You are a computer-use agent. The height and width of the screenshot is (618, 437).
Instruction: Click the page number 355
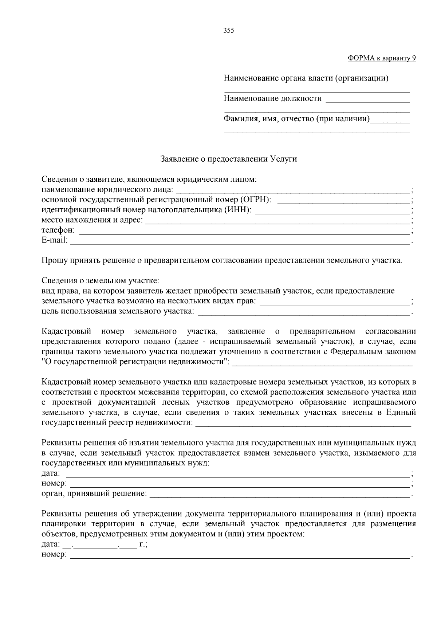pyautogui.click(x=228, y=31)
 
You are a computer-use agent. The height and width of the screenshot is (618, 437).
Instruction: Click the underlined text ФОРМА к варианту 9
pyautogui.click(x=382, y=58)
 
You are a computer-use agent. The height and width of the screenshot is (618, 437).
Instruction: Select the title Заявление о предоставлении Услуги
pyautogui.click(x=229, y=159)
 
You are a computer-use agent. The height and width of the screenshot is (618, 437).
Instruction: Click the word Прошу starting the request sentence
pyautogui.click(x=52, y=261)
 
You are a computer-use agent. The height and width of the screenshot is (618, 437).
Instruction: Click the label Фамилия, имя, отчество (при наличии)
pyautogui.click(x=296, y=119)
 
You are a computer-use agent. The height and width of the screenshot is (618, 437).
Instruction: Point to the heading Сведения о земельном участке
pyautogui.click(x=100, y=281)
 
